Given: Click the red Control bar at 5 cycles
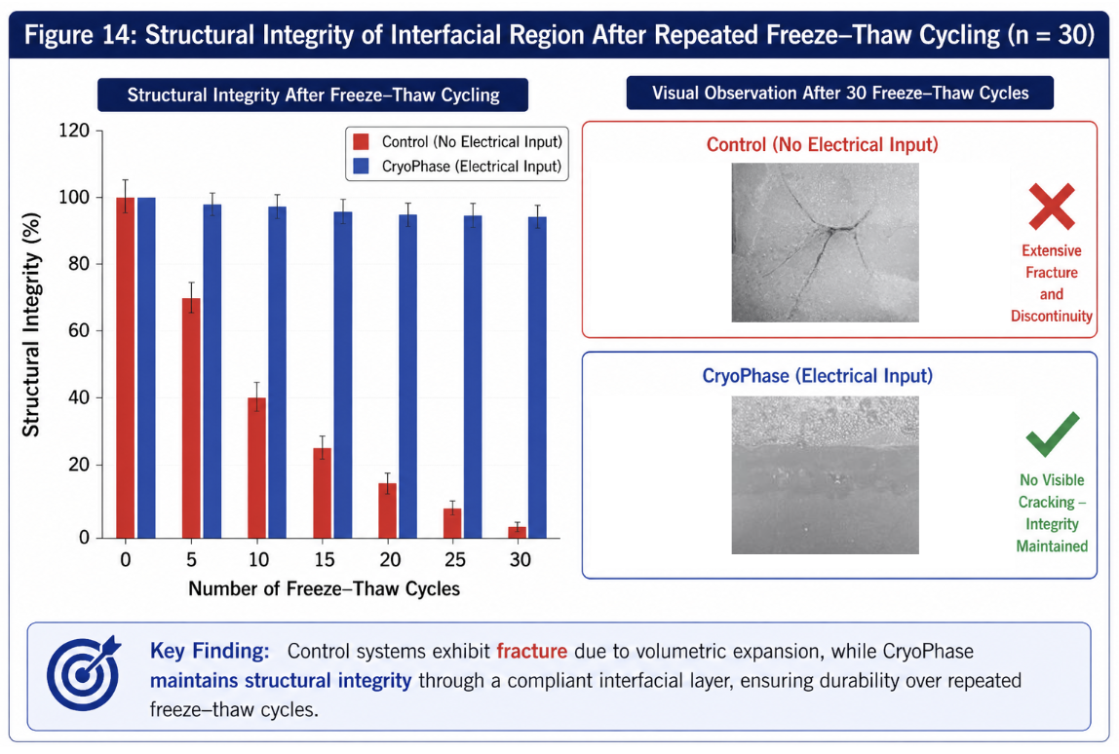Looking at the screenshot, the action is point(191,418).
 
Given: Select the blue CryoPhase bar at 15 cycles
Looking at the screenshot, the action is point(343,375).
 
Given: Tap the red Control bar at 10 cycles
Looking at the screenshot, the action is point(257,468).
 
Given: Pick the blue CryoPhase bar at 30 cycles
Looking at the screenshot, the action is point(537,377).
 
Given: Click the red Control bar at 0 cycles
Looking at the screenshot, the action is point(126,368).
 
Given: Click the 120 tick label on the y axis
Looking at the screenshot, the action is point(74,131).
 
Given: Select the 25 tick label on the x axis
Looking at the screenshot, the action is point(454,560).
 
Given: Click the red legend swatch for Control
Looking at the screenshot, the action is point(361,141).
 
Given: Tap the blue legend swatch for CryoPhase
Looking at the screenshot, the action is point(361,167).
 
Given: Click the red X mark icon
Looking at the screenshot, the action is point(1051,207).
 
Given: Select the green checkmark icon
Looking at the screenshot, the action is point(1052,434).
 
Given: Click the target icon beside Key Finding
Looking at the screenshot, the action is point(84,673).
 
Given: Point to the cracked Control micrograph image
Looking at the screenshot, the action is point(825,243).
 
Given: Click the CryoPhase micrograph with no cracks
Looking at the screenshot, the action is point(825,475).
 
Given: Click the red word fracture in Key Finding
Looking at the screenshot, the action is point(531,652).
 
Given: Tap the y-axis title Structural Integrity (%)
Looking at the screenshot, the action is point(30,324).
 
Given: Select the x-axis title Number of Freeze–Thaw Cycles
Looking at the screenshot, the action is point(324,589).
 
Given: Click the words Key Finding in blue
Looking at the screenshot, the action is point(210,652).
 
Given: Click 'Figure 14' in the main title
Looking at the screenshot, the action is point(80,35).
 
